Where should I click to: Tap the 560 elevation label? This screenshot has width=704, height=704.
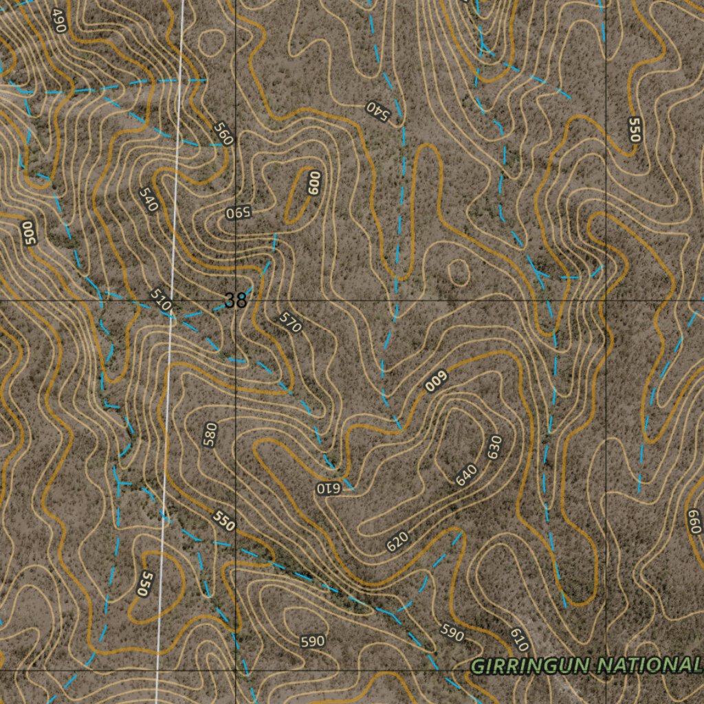(223, 133)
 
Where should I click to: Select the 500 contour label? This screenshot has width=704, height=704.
(28, 232)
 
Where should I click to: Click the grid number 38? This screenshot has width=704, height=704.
(235, 300)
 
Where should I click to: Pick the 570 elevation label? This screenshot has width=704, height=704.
(290, 322)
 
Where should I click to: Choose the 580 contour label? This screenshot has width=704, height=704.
(211, 434)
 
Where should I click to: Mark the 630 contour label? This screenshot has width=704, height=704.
(494, 448)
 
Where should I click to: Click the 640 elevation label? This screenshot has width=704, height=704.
(466, 474)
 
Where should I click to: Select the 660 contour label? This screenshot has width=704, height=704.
(693, 522)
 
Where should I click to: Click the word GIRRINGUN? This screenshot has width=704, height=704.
(531, 665)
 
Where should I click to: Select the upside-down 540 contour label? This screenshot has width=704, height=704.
(377, 110)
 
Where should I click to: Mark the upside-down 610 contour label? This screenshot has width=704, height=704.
(329, 488)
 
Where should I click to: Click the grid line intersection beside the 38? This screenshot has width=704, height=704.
(236, 301)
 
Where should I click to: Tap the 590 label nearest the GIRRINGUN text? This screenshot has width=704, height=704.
(452, 633)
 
